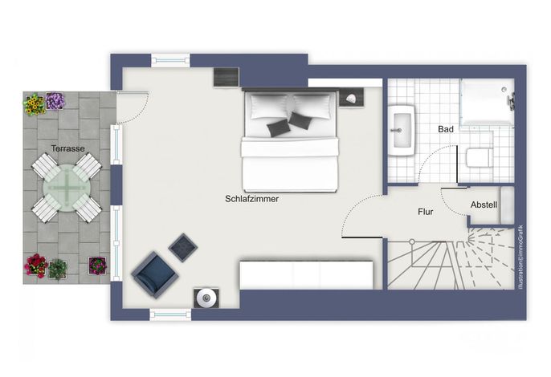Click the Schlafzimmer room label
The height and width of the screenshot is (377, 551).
pos(251,199)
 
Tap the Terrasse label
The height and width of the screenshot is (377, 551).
pos(67,148)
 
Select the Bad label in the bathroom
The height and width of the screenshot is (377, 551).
pos(446,129)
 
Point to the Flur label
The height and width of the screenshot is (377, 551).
pos(425,212)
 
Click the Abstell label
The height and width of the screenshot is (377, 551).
pos(484,205)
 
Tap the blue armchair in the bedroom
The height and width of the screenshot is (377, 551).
pos(155,274)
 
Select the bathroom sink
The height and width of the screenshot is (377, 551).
pos(402,130)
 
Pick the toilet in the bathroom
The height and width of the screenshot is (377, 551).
pos(479,157)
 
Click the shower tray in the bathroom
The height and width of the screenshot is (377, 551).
pos(487,102)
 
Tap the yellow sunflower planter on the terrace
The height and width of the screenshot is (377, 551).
pos(35,104)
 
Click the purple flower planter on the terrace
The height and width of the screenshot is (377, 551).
pos(55,101)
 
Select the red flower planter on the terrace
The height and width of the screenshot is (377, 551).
pos(36,266)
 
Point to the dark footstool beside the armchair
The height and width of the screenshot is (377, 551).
pos(183,248)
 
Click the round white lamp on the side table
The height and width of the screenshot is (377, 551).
pos(206,298)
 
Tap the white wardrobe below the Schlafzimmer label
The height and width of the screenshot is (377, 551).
pos(306,274)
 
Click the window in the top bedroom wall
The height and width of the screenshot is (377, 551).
pos(170,60)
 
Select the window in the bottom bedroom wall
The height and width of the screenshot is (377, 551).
pos(171,314)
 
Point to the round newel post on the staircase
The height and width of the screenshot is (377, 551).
pos(412,241)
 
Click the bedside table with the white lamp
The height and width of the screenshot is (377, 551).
pos(351,97)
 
